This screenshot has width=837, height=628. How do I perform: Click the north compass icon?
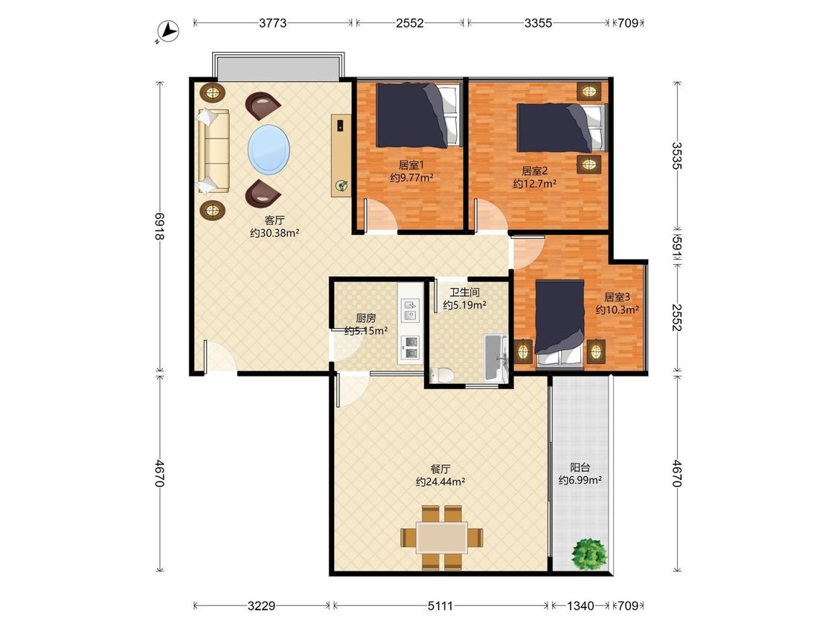(167, 31)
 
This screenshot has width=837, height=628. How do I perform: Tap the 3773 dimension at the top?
(273, 23)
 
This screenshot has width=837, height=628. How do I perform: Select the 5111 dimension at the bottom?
(440, 606)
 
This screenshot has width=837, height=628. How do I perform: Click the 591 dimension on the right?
(677, 248)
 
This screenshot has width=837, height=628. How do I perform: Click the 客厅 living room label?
(275, 220)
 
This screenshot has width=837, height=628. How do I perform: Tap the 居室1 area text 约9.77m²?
(411, 178)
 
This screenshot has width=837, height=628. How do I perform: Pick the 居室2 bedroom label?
(534, 171)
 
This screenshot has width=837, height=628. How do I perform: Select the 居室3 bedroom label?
(617, 297)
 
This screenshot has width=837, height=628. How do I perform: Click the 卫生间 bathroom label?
(464, 292)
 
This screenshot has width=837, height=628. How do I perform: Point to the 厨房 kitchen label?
(365, 318)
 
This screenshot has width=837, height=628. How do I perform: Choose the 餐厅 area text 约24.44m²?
(440, 482)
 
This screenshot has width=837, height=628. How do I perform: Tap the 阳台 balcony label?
(580, 468)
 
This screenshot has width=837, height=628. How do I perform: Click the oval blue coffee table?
(269, 150)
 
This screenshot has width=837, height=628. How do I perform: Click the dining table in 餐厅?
(442, 537)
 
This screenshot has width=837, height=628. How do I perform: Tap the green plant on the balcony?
(589, 554)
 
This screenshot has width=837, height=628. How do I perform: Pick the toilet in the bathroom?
(441, 375)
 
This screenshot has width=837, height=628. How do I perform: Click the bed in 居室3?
(559, 323)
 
